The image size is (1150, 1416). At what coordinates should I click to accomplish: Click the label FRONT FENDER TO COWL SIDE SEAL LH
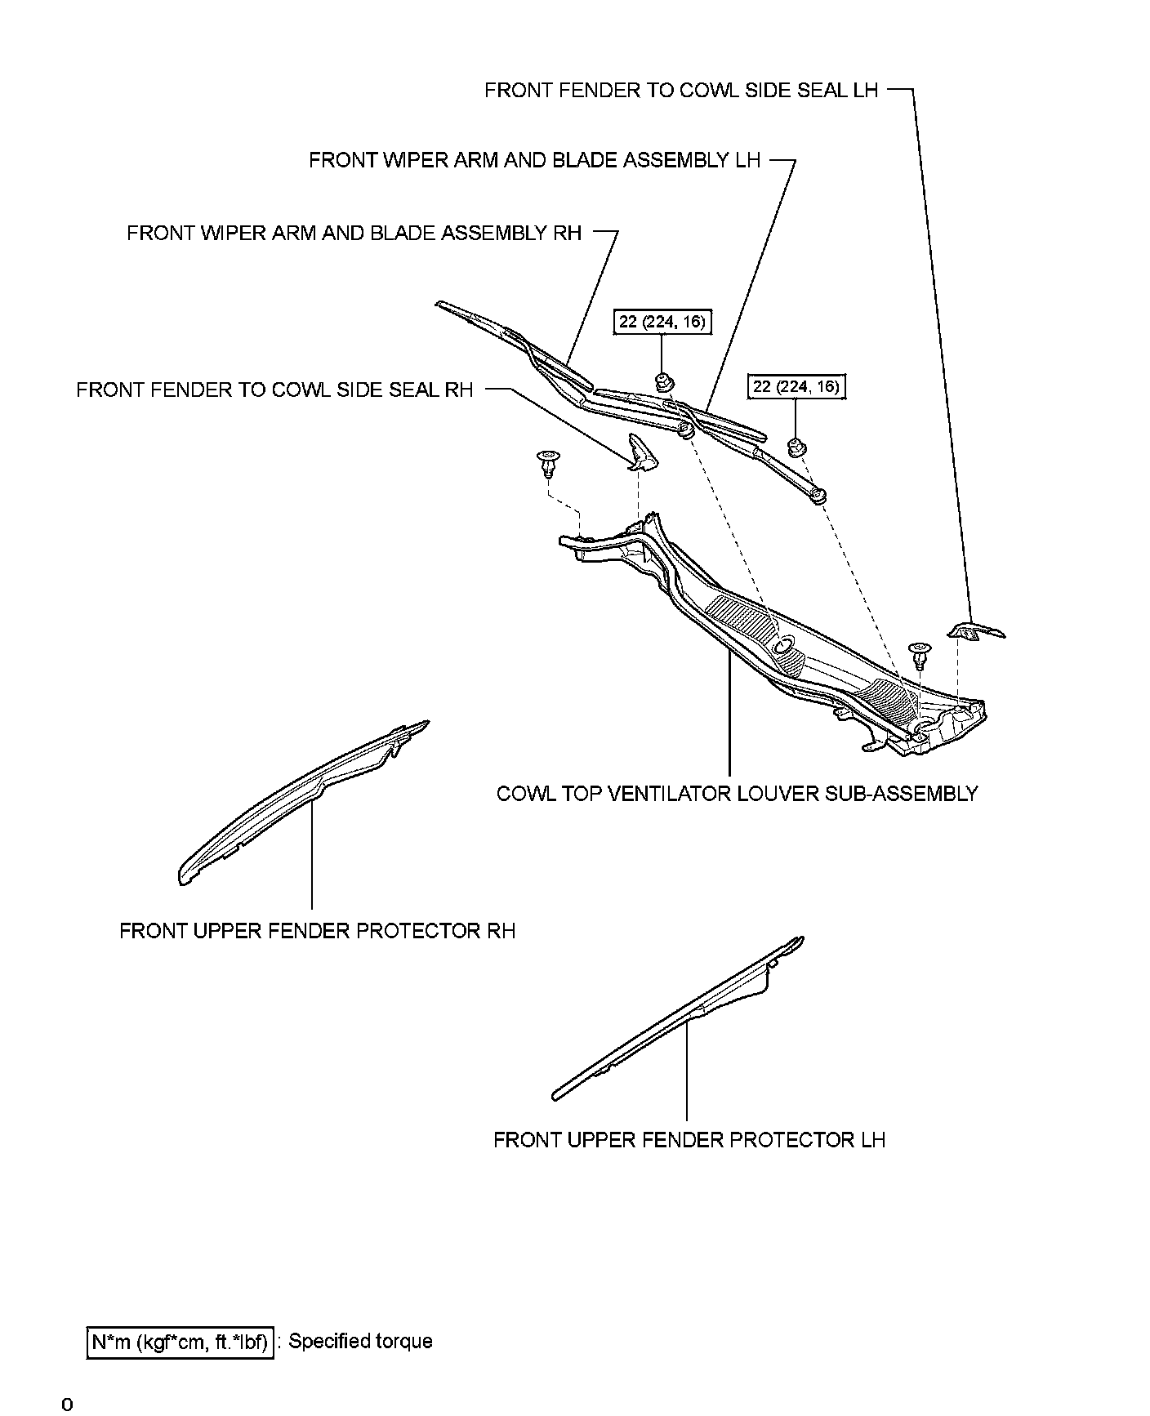point(681,91)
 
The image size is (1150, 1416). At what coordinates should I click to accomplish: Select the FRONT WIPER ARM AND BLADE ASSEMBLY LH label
point(534,160)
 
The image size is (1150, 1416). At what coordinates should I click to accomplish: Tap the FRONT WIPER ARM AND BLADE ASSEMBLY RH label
point(354,234)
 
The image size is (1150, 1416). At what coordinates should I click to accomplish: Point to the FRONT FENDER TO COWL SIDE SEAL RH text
point(274,390)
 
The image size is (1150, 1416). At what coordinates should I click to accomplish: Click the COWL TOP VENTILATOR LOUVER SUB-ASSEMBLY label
point(737,794)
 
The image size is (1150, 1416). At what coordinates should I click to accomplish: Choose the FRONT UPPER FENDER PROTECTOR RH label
point(317,931)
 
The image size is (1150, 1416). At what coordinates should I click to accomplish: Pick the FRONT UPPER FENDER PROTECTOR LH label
point(689,1139)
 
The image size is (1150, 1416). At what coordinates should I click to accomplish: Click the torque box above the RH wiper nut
point(662,322)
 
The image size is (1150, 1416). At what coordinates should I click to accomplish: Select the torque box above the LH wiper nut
point(796,386)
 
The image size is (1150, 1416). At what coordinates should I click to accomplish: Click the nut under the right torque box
point(794,446)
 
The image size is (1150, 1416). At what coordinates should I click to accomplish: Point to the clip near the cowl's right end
point(920,655)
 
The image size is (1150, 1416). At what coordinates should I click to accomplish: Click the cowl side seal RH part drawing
point(641,454)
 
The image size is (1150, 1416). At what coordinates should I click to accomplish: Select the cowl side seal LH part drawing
point(976,630)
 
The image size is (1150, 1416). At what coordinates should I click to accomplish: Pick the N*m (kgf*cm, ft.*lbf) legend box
point(178,1342)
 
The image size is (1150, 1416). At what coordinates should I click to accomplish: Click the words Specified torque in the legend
point(360,1341)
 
